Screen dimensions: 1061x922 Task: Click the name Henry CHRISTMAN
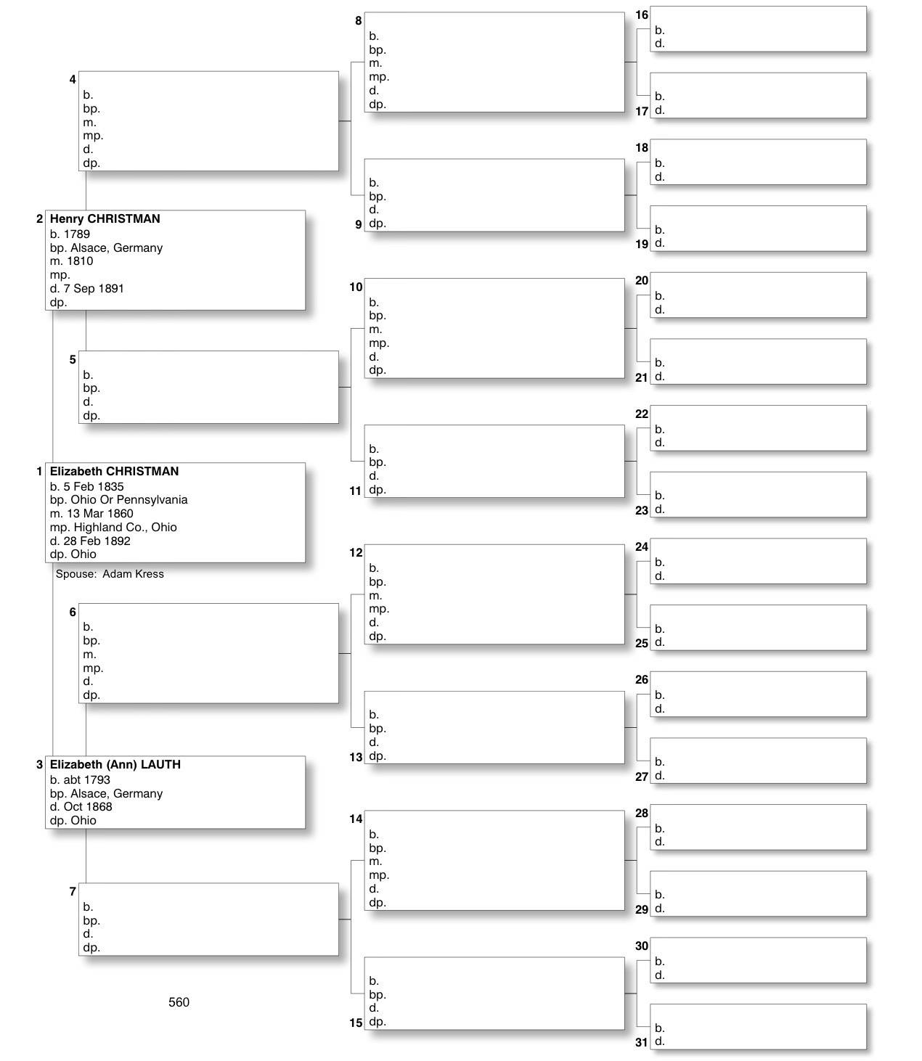(105, 218)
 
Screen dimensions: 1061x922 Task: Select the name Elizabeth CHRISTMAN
(114, 471)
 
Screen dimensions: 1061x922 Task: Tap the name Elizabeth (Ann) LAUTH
(115, 764)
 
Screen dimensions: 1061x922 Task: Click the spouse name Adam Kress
(133, 574)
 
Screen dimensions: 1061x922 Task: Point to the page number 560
(179, 1002)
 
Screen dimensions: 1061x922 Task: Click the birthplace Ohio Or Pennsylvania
(128, 499)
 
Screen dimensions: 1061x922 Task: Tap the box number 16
(642, 15)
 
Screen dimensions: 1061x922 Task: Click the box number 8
(358, 21)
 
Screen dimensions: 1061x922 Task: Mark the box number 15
(356, 1023)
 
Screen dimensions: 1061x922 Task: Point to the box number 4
(73, 79)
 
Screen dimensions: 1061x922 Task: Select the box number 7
(73, 891)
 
